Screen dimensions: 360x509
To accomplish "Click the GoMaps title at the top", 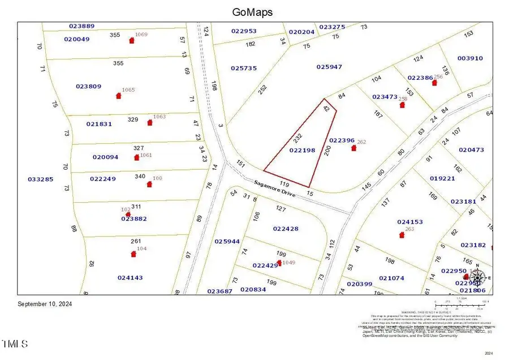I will (252, 11).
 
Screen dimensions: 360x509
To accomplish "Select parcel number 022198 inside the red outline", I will (302, 151).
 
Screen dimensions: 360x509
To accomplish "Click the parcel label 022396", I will (342, 140).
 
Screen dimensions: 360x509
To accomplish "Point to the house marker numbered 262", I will (354, 148).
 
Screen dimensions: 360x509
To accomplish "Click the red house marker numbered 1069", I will (132, 41).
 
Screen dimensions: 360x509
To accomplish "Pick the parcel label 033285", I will (40, 179).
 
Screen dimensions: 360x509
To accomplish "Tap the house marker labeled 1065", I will (119, 96).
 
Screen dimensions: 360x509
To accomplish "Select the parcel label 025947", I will (329, 67).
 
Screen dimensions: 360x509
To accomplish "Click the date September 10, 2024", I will (45, 304).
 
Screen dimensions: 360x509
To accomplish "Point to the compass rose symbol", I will (478, 277).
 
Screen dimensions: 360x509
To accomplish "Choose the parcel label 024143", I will (130, 277).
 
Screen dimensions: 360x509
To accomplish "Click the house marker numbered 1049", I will (279, 263).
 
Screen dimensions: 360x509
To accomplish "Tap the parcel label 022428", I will (286, 229).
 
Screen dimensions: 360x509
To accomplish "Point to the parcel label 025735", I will (244, 68).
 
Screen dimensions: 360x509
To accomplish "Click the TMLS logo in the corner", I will (15, 344).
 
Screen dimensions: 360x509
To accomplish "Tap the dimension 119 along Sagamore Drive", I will (284, 185).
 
